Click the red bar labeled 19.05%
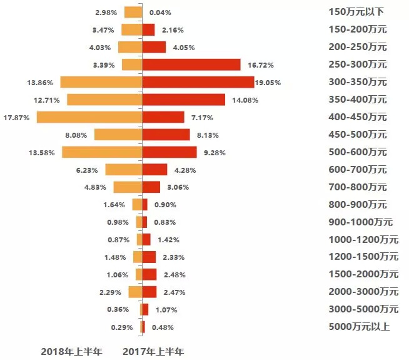tap(198, 82)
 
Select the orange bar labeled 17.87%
tap(89, 117)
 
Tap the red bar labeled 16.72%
tap(191, 64)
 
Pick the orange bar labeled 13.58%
tap(102, 152)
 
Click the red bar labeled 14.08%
tap(184, 100)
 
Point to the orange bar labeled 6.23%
tap(124, 170)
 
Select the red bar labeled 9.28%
tap(169, 152)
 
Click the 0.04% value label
tap(161, 13)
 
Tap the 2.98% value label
tap(107, 13)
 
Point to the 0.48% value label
tap(161, 327)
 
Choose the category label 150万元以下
tap(356, 12)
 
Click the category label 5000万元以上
tap(359, 326)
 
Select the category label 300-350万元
tap(358, 82)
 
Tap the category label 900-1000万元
tap(360, 222)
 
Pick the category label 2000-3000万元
tap(363, 292)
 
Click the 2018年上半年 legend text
tap(71, 351)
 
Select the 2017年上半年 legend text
tap(153, 351)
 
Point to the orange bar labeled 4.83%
tap(128, 187)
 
